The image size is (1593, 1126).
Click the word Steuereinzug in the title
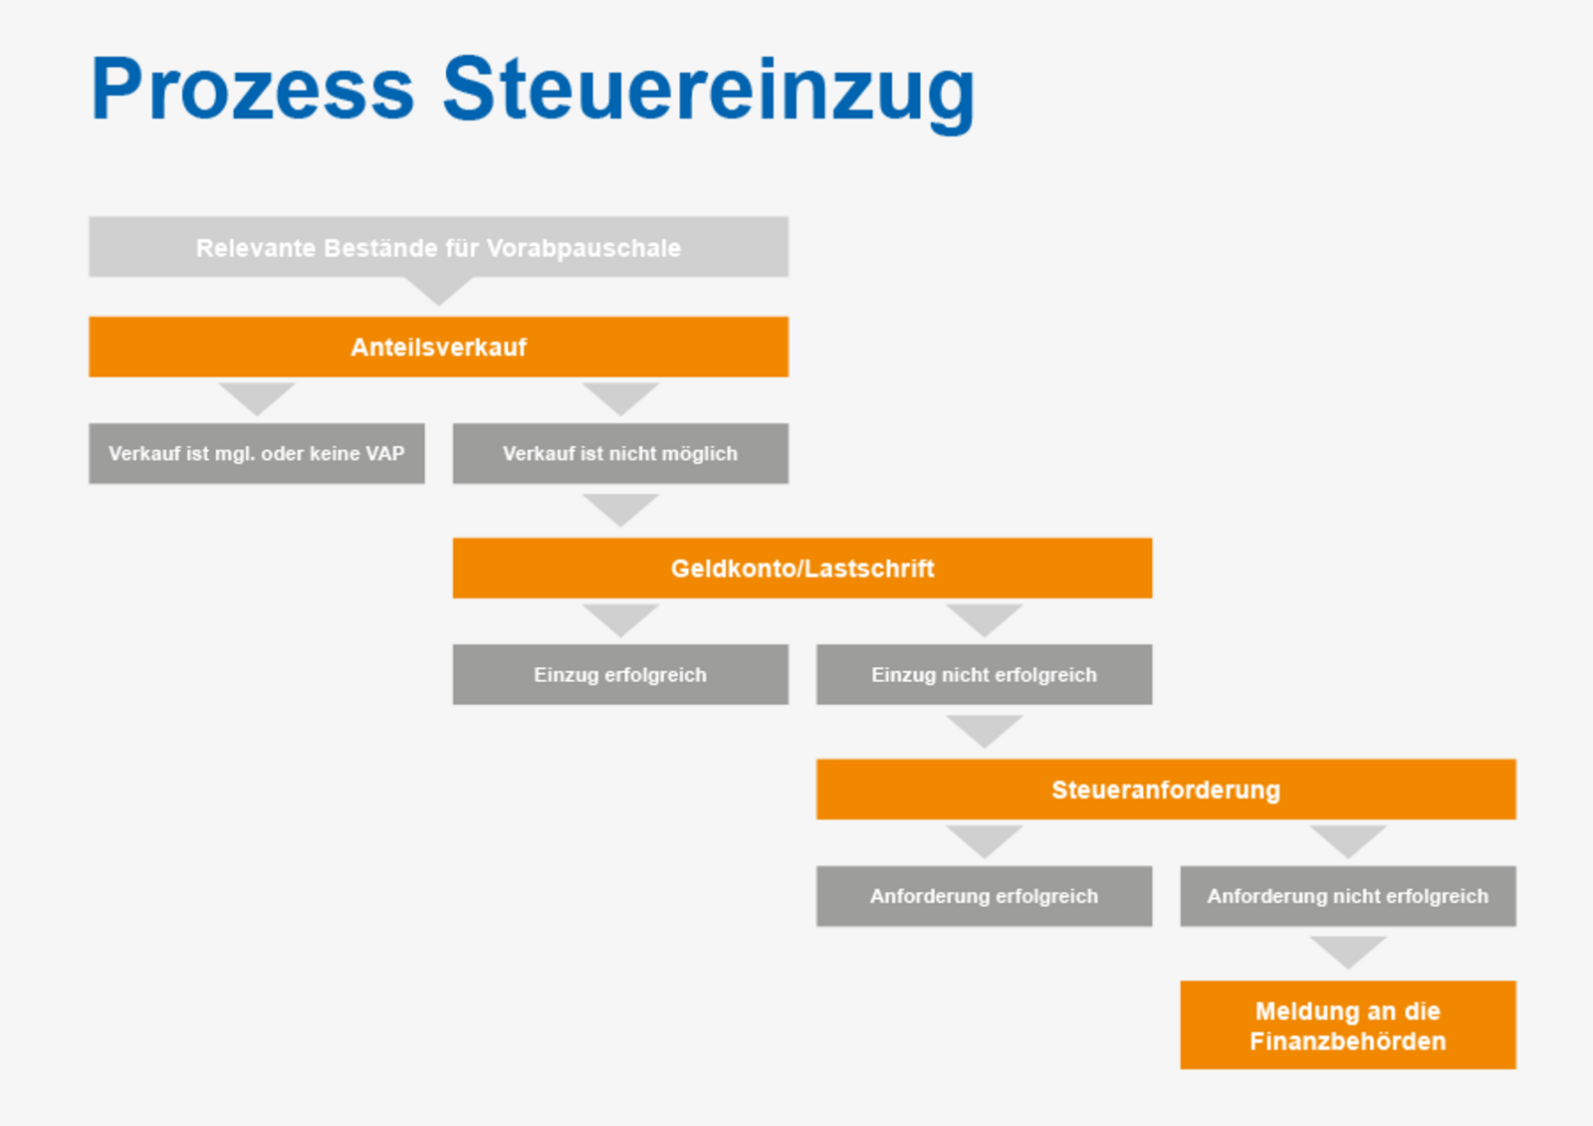pos(709,93)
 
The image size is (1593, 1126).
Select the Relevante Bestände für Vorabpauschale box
pos(439,247)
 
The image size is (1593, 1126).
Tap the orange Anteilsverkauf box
pos(439,347)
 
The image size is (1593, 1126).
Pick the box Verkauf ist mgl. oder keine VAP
pos(257,454)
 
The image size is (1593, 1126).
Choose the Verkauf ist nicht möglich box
pos(621,454)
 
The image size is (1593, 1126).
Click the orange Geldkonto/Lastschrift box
pos(802,568)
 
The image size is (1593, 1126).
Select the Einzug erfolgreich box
pos(621,675)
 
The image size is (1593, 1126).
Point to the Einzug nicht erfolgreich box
pos(985,675)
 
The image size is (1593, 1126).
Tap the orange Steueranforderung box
pos(1166,789)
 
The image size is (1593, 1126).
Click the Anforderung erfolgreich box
pos(985,896)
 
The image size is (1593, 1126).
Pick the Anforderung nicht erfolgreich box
pos(1348,896)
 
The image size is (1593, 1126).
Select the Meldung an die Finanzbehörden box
pos(1348,1025)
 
